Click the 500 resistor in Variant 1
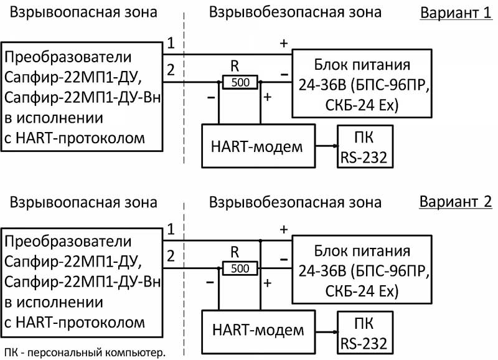[x=240, y=82]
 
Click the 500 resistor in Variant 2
[x=240, y=268]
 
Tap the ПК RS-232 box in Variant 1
[x=364, y=147]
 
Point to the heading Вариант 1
[x=456, y=13]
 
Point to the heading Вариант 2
[x=456, y=202]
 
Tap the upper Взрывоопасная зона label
[x=84, y=13]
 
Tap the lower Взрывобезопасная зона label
[x=295, y=202]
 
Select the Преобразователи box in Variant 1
[x=82, y=97]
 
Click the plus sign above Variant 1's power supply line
[x=284, y=43]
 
